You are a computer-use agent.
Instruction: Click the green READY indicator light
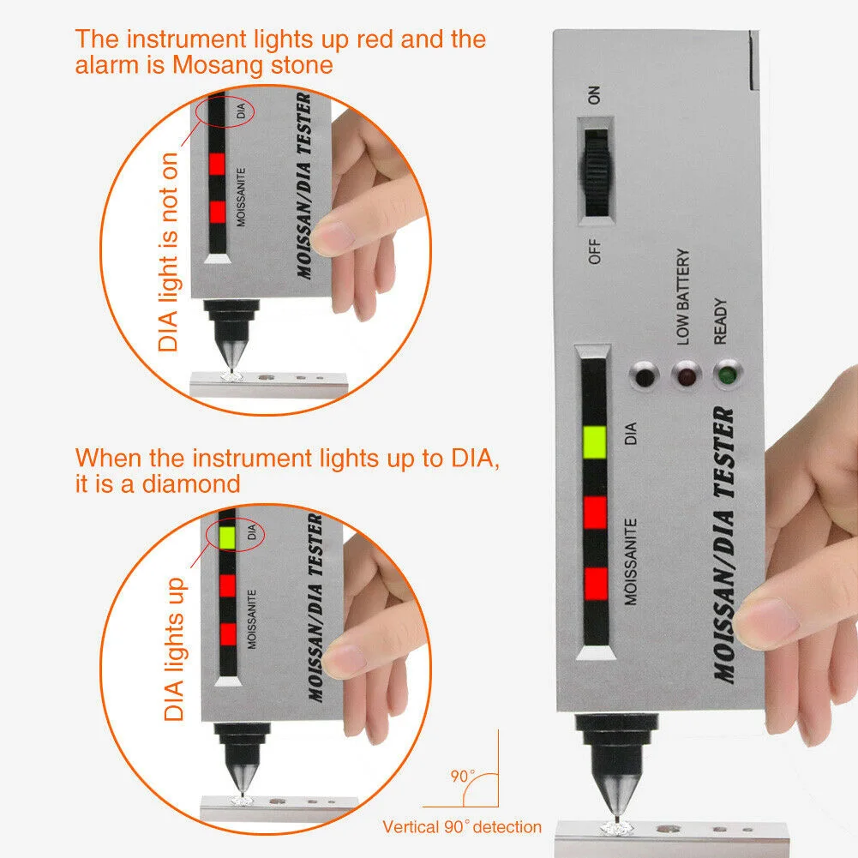727,375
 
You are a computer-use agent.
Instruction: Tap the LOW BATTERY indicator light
687,376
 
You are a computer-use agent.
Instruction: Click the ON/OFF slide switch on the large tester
597,172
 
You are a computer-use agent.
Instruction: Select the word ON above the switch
594,95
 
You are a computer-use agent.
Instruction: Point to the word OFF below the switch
594,251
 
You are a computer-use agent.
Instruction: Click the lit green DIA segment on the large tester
595,442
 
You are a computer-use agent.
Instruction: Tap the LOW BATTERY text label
683,297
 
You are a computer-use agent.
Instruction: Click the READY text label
720,321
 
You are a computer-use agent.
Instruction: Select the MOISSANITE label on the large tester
631,562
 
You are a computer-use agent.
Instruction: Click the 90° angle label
462,776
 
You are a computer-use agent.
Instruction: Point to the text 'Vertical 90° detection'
462,827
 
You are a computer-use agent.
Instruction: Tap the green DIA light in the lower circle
227,537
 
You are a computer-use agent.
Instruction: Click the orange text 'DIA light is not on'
168,252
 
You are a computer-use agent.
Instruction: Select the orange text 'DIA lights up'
175,650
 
